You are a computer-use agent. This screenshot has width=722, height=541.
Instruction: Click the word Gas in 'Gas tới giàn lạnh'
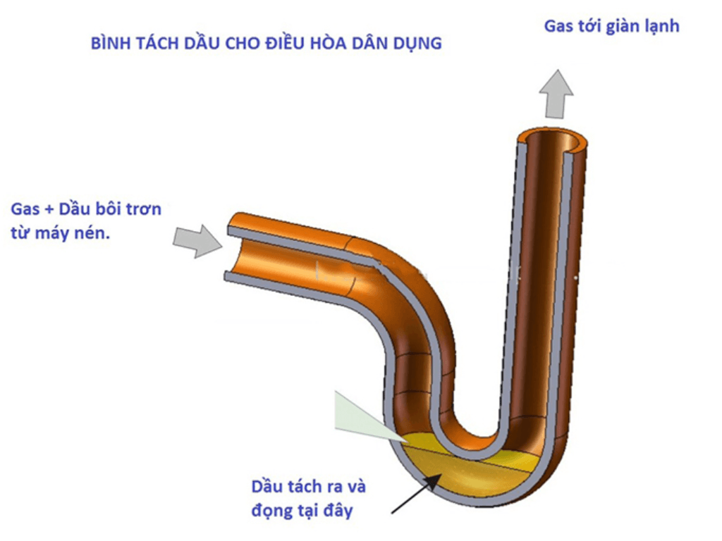558,27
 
